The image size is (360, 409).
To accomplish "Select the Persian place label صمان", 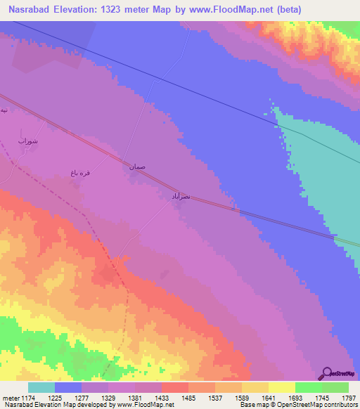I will click(x=137, y=167).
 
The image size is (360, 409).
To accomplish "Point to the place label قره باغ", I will click(x=79, y=172).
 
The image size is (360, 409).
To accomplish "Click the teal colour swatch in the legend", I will click(x=41, y=387).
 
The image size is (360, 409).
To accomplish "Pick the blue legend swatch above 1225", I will click(x=68, y=387).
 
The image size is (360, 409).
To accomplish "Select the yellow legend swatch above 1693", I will click(x=282, y=387).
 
